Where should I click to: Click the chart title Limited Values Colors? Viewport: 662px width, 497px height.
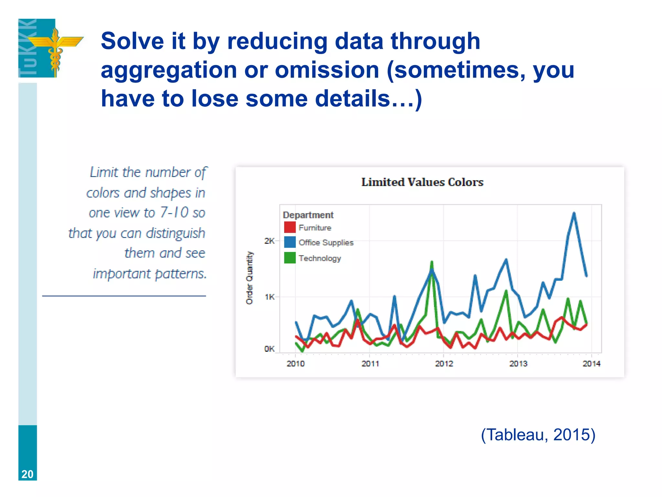pos(422,182)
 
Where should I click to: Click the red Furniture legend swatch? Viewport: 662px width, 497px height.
pos(290,227)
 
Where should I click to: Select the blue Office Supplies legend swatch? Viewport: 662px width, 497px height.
pos(290,242)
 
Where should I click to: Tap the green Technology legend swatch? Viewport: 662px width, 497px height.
pos(290,258)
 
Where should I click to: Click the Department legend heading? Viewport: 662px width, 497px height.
pos(308,215)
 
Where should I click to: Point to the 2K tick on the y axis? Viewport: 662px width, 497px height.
pos(269,241)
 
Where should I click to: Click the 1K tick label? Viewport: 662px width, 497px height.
pos(269,297)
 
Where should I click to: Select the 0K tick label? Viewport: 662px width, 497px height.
pos(269,349)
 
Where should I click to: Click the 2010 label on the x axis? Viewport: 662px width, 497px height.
pos(295,364)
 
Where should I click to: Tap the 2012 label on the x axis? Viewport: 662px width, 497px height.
pos(444,364)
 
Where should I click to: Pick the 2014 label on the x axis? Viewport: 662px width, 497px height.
pos(591,364)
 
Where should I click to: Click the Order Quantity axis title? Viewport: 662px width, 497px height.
pos(250,278)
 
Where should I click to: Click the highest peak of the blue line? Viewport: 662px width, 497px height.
pos(574,213)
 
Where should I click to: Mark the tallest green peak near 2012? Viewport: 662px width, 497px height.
pos(432,262)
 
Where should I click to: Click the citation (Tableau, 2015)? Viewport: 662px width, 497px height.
pos(538,435)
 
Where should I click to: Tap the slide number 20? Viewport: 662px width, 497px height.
pos(27,474)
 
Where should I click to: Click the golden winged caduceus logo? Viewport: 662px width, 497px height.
pos(55,49)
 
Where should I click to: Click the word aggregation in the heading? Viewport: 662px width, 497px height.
pos(169,70)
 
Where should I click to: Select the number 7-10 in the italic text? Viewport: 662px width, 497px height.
pos(174,213)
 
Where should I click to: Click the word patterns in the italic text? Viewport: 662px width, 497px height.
pos(181,274)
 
